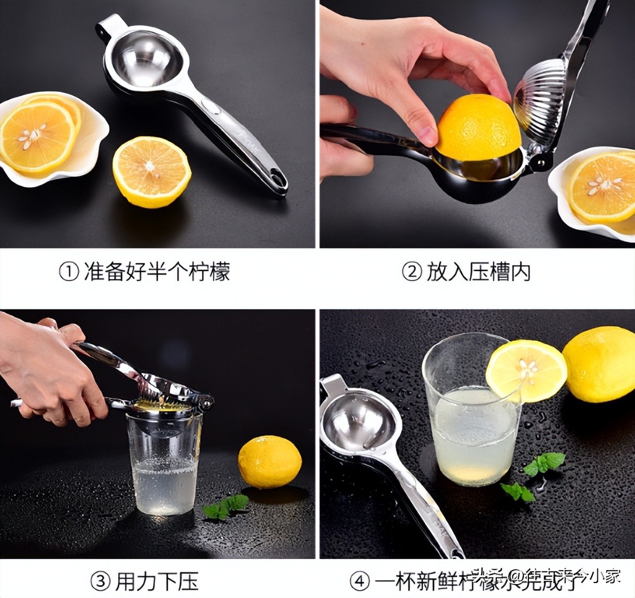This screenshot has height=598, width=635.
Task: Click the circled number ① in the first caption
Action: (x=69, y=272)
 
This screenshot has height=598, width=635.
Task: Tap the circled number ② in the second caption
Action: (x=411, y=272)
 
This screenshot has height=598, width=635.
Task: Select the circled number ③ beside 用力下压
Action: (x=100, y=582)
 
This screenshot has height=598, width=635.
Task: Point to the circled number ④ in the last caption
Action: (x=359, y=582)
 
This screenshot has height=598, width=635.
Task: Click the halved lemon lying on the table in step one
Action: (x=152, y=171)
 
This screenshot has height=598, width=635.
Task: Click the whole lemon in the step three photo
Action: (x=270, y=461)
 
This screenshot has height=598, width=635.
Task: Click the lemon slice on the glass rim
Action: (x=526, y=370)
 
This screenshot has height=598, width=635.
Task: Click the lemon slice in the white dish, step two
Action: (x=602, y=186)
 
